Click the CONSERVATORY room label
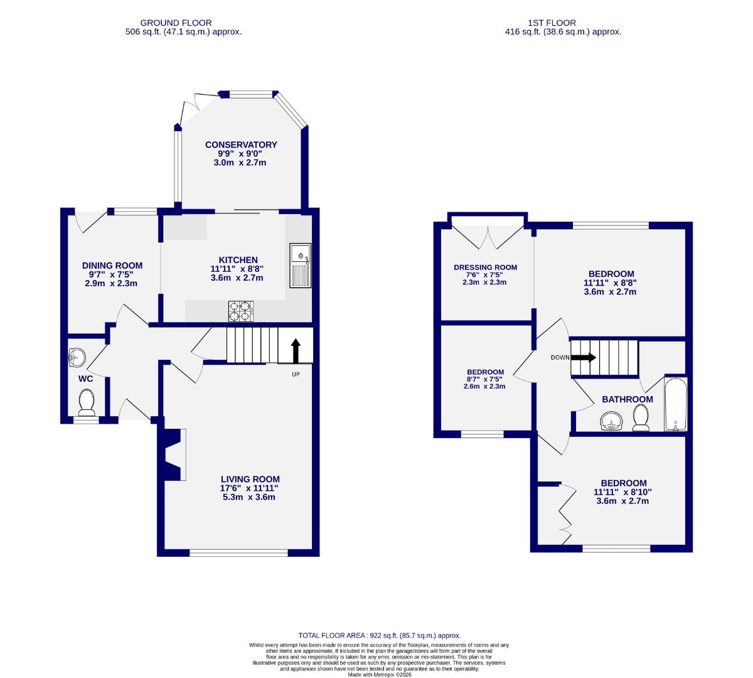point(241,145)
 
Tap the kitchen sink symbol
point(301,266)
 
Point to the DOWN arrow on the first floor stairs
point(584,357)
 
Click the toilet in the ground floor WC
point(86,402)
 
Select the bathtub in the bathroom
point(675,404)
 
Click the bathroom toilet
point(641,418)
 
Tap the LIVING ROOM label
point(249,479)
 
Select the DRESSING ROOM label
point(486,267)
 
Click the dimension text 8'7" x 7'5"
point(485,379)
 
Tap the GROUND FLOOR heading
point(176,23)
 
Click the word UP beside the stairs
point(296,375)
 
